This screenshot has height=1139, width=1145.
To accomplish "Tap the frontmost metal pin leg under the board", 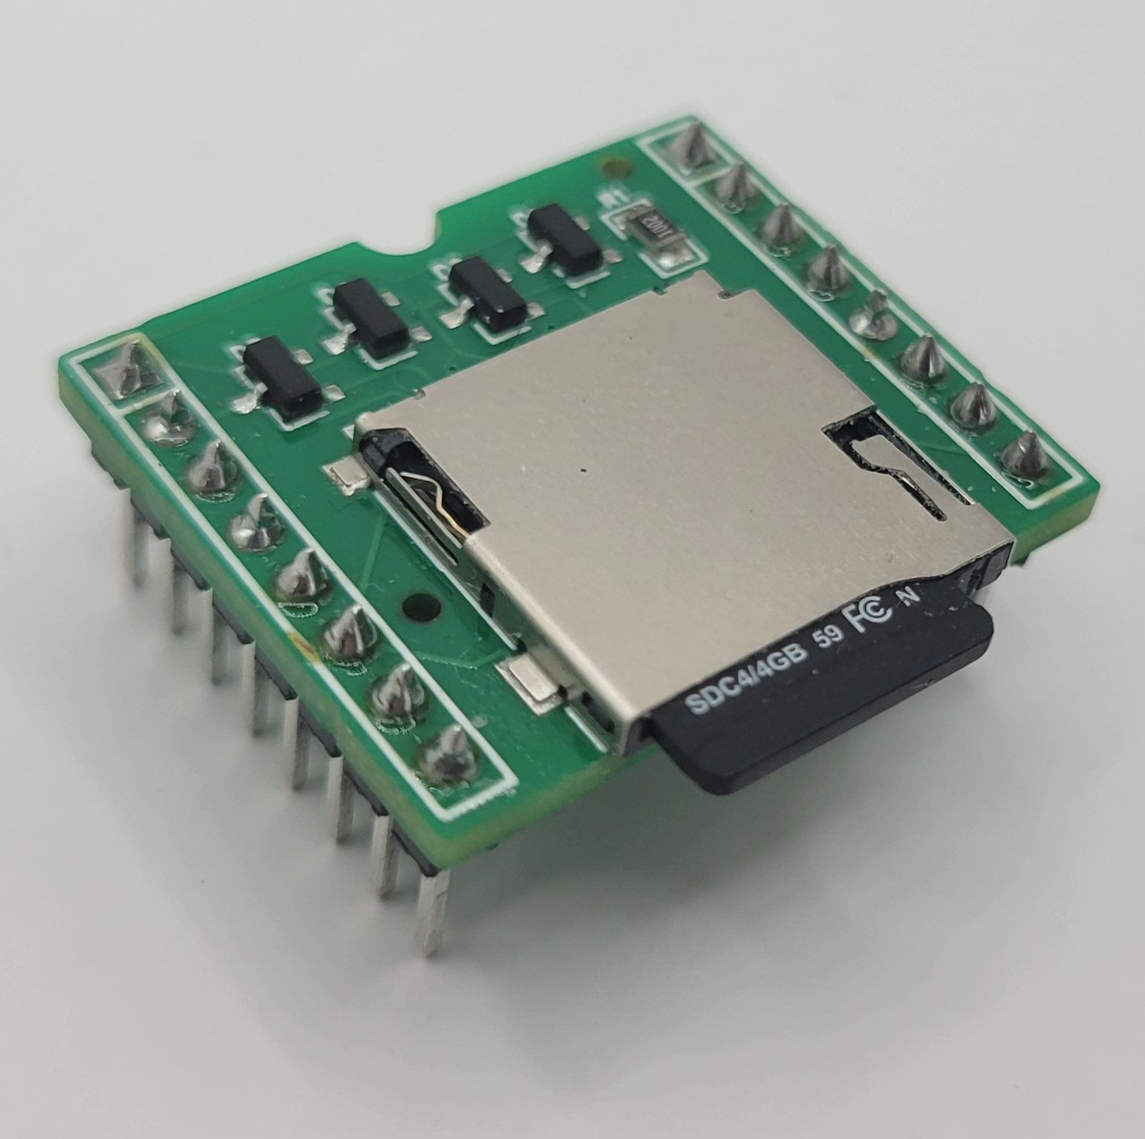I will tap(431, 910).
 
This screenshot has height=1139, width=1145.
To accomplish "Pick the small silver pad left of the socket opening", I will tap(346, 475).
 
